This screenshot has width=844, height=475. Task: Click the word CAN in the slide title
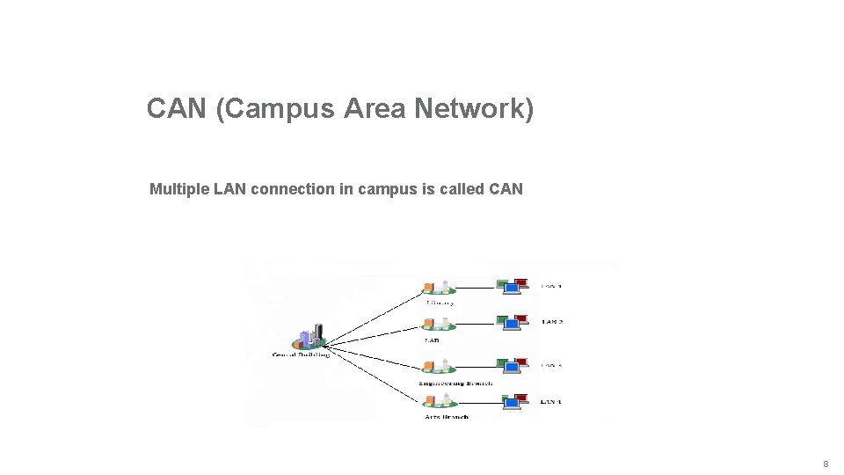(x=176, y=109)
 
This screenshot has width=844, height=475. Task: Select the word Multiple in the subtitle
(x=179, y=189)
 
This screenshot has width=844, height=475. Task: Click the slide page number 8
(x=826, y=464)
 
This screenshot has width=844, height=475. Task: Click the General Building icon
(x=310, y=338)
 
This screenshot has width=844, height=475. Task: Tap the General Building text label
(x=302, y=354)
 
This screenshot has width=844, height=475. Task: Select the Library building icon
(x=437, y=287)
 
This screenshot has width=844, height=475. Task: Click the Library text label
(x=440, y=303)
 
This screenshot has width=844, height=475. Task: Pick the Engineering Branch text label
(x=455, y=384)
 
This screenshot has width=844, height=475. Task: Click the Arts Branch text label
(x=446, y=417)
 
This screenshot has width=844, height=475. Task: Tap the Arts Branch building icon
(x=437, y=401)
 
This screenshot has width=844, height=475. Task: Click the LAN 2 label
(x=551, y=322)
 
